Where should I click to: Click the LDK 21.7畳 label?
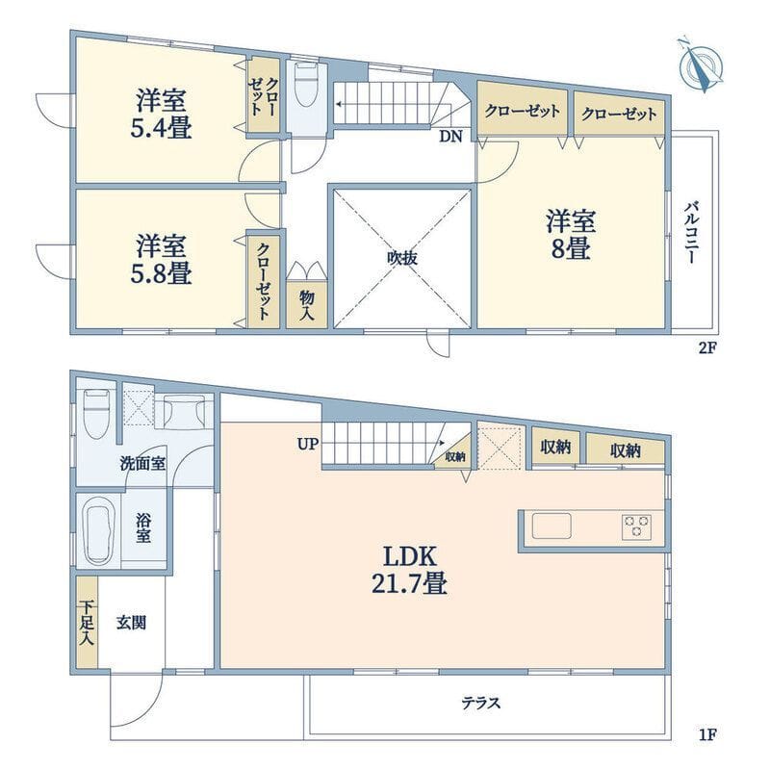412,569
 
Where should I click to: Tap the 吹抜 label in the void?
401,258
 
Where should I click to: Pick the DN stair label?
450,137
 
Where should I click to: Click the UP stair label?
307,445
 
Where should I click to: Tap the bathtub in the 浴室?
99,532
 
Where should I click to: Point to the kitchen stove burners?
637,526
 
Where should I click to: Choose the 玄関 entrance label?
132,622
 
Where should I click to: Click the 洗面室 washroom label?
143,463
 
